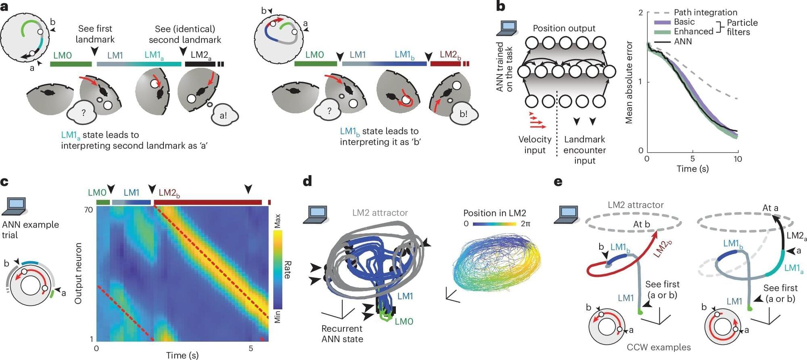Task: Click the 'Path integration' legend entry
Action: (705, 13)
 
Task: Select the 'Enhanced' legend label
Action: (694, 31)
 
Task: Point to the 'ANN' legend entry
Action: (683, 42)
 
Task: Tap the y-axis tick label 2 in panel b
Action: (640, 13)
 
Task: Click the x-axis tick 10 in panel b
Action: (738, 159)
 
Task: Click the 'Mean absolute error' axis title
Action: (629, 82)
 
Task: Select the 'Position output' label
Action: (564, 28)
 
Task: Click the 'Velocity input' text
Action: (535, 144)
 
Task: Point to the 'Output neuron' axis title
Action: (78, 273)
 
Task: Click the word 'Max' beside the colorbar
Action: (277, 221)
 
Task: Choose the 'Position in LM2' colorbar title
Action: (494, 213)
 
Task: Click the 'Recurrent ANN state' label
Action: (342, 334)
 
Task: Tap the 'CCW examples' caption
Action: (659, 347)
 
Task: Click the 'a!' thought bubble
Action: (223, 115)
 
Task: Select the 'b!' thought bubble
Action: (463, 114)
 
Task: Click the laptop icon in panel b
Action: (508, 27)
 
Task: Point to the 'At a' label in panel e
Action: (770, 208)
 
